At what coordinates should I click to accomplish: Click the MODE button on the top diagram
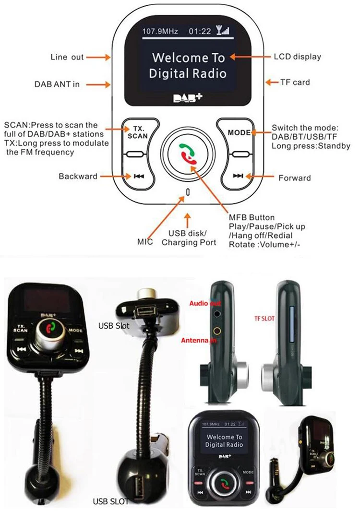click(239, 132)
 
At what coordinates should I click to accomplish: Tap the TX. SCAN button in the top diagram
click(138, 132)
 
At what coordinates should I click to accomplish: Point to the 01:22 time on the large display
click(200, 32)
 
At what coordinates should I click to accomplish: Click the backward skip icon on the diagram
click(139, 176)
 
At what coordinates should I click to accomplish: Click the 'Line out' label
click(67, 57)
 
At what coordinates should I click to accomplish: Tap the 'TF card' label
click(295, 82)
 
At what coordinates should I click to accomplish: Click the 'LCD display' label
click(297, 57)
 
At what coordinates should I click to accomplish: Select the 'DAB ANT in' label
click(57, 84)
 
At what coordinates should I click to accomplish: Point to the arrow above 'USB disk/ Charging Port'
click(188, 219)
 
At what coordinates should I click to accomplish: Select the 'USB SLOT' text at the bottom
click(111, 501)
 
